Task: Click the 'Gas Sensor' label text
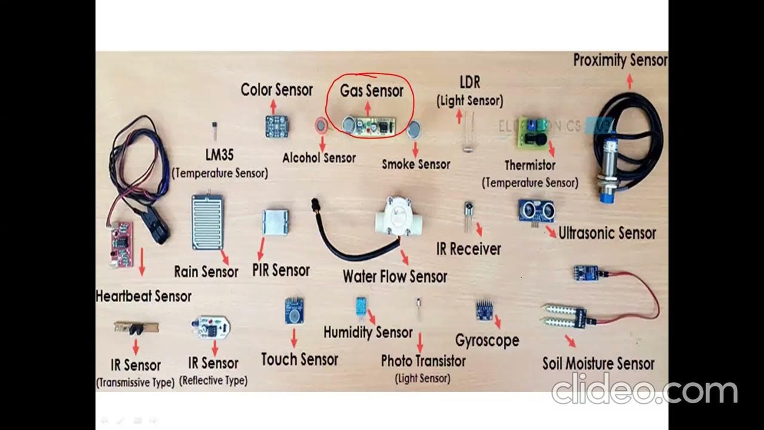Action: pyautogui.click(x=371, y=91)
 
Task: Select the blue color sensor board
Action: pyautogui.click(x=276, y=126)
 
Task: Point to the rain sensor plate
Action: pyautogui.click(x=207, y=221)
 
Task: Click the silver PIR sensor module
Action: pyautogui.click(x=275, y=222)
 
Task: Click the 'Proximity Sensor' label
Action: pyautogui.click(x=620, y=60)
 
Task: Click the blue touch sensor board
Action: pyautogui.click(x=294, y=311)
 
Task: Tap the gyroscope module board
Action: pyautogui.click(x=483, y=310)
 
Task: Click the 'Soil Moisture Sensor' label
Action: pyautogui.click(x=598, y=363)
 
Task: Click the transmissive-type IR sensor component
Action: pyautogui.click(x=136, y=327)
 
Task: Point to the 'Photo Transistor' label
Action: pyautogui.click(x=423, y=361)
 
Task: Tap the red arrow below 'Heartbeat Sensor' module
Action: pyautogui.click(x=142, y=263)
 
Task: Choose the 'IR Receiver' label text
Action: pyautogui.click(x=469, y=249)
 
